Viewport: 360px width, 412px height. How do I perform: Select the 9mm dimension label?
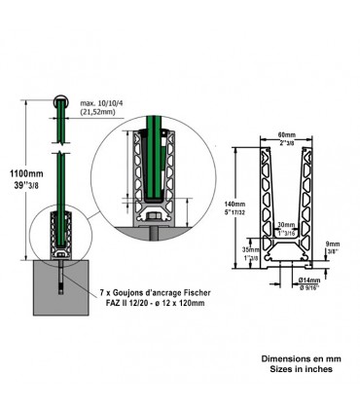(x=333, y=244)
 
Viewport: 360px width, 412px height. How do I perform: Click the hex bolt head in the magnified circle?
(x=157, y=213)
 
